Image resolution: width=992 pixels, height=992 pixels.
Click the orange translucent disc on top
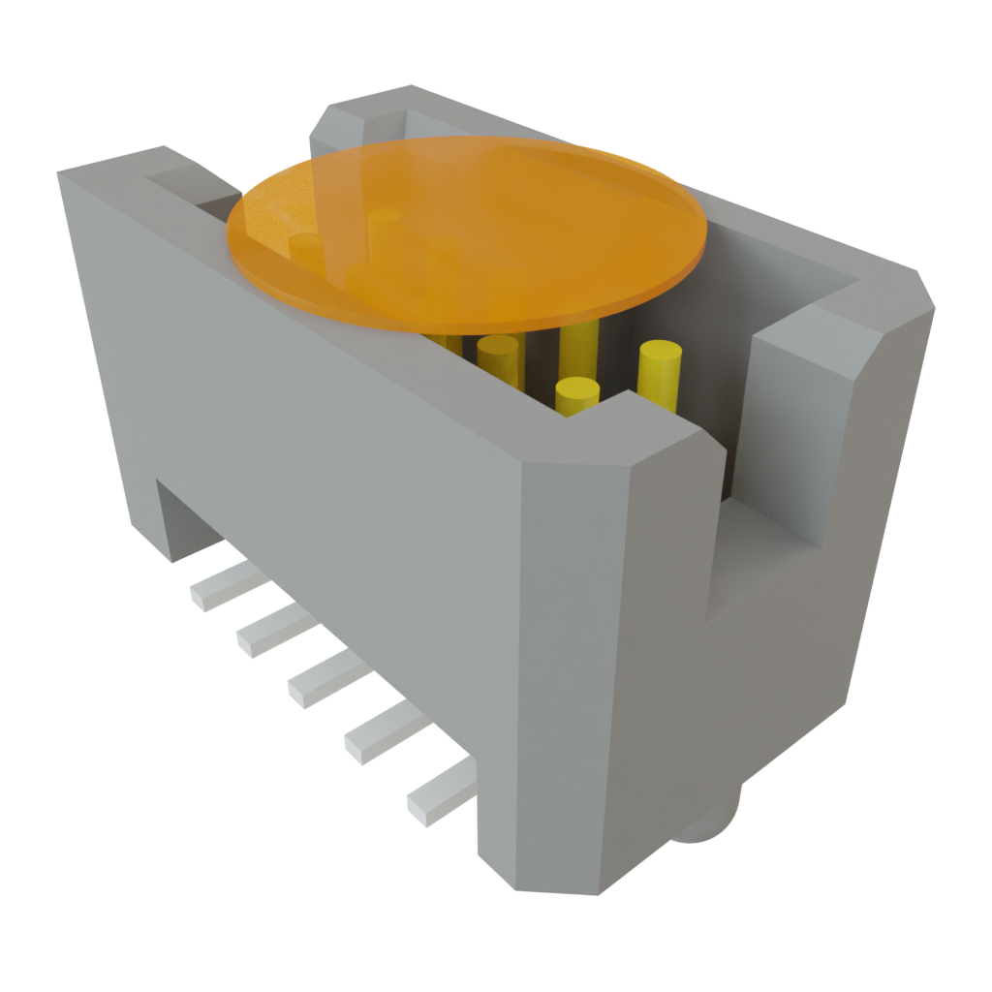tap(465, 232)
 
